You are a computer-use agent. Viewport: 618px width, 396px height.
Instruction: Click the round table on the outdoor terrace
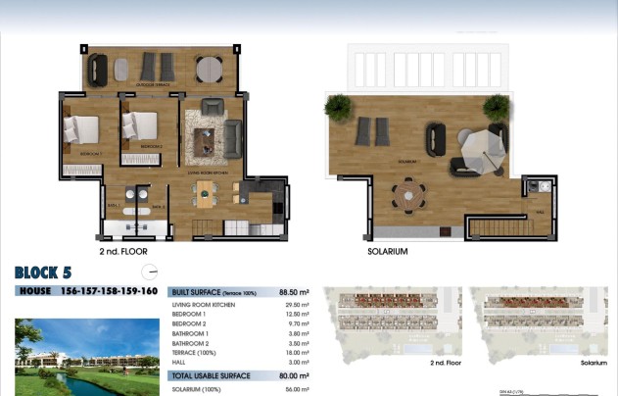click(x=209, y=70)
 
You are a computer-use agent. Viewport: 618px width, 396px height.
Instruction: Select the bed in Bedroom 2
click(x=140, y=128)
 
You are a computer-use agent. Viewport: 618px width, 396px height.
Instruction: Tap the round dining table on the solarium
click(x=405, y=192)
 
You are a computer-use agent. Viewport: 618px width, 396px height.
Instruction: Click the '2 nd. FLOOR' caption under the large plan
click(x=123, y=251)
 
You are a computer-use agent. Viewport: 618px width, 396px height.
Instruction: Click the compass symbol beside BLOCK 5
click(x=149, y=272)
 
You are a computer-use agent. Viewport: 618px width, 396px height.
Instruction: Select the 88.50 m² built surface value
click(x=294, y=292)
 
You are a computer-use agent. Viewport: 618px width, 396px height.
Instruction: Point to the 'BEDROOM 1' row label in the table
click(x=190, y=314)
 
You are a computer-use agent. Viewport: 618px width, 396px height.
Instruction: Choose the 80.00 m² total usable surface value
click(x=294, y=375)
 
